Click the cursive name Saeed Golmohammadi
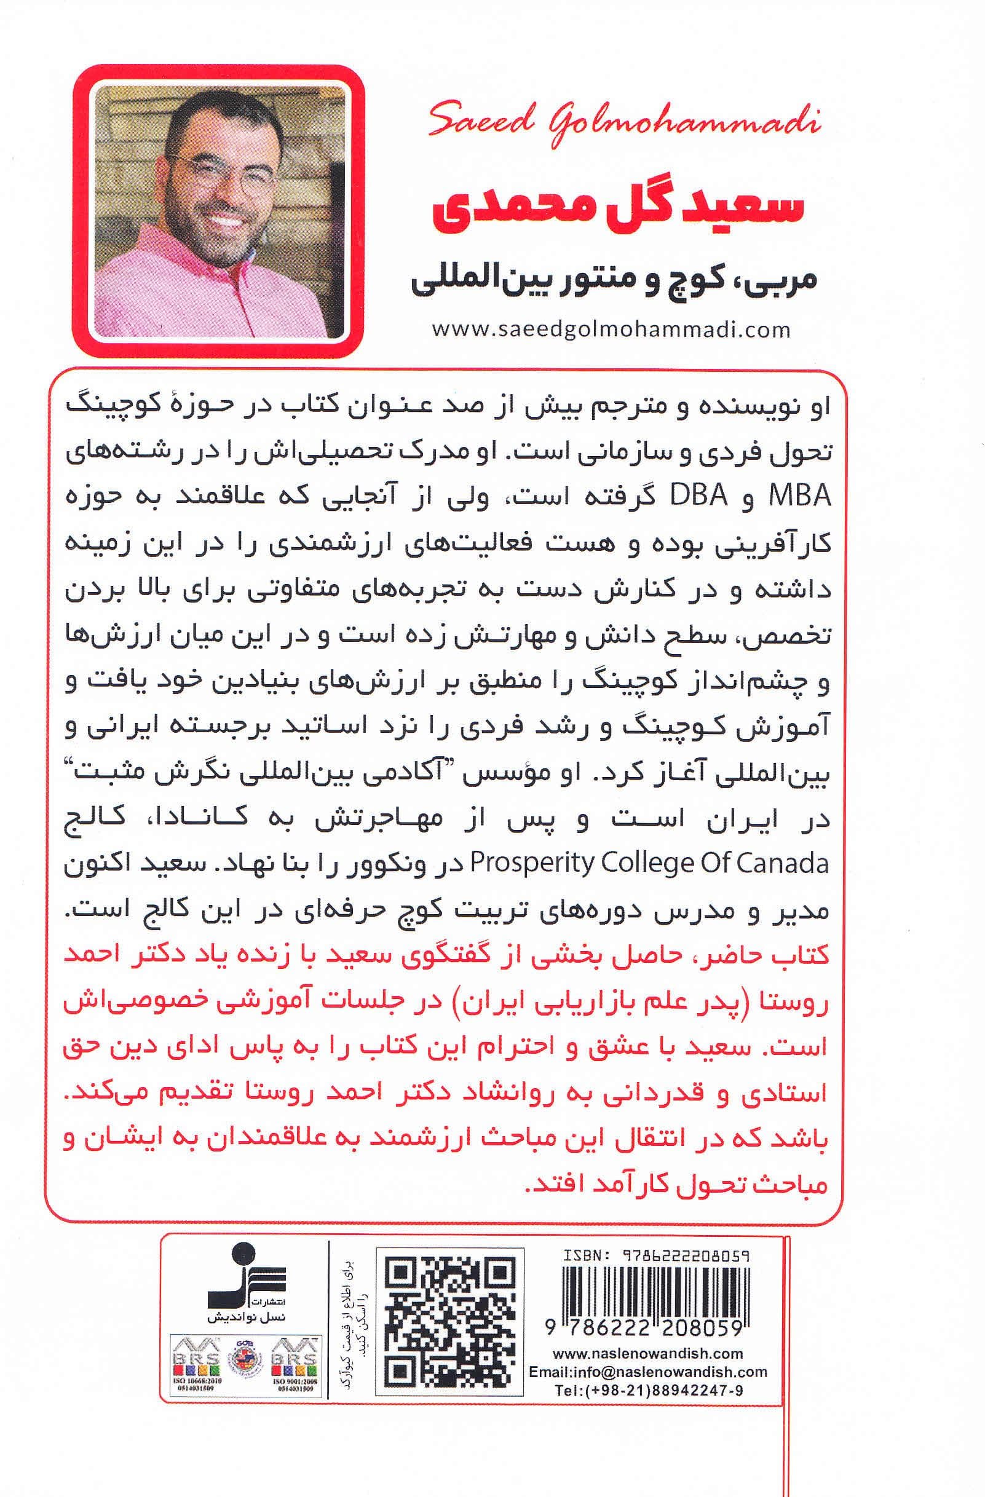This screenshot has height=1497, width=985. (624, 123)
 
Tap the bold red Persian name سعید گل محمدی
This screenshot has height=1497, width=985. (618, 209)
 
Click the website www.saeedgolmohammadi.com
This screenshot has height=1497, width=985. (610, 330)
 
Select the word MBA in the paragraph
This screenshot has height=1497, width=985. (799, 497)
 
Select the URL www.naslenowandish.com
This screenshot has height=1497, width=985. (648, 1354)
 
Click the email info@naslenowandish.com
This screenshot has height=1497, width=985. (648, 1372)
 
